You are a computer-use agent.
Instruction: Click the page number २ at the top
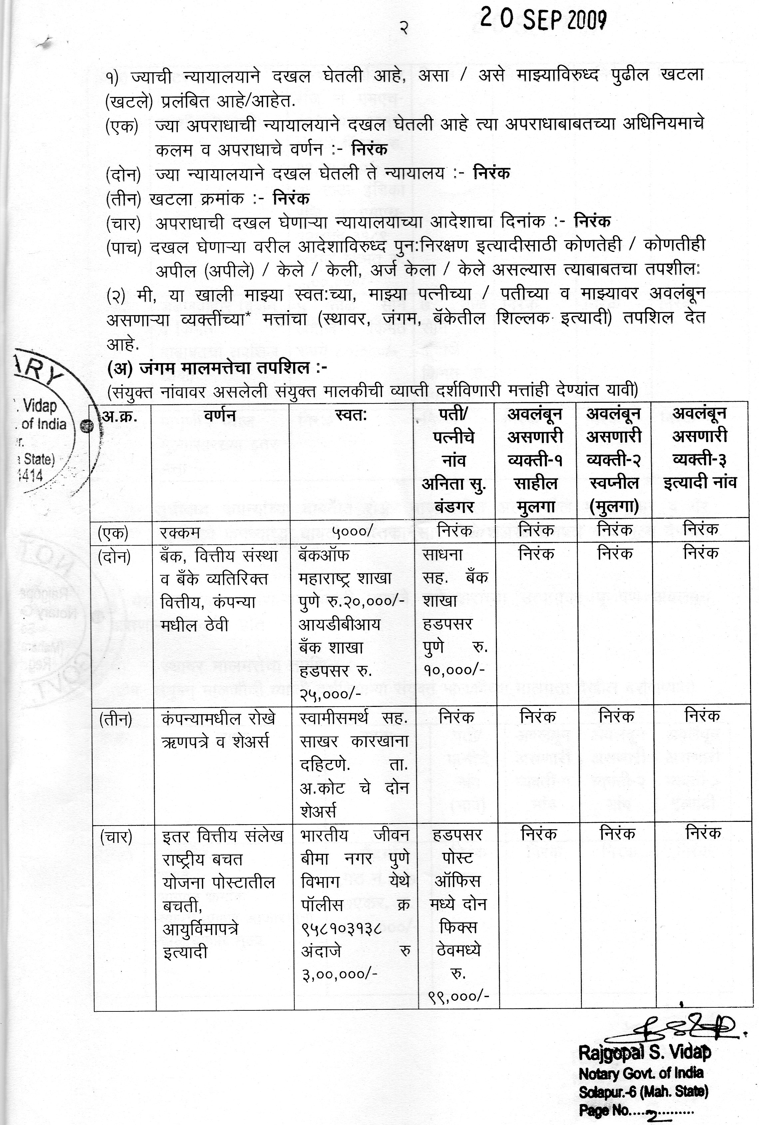(404, 28)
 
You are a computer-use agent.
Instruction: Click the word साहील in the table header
(536, 483)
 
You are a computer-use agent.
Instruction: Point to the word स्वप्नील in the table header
(614, 483)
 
